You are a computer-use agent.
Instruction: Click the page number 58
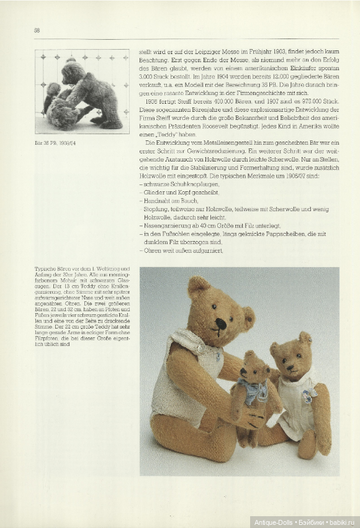tap(37, 30)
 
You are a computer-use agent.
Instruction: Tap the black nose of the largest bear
tap(220, 323)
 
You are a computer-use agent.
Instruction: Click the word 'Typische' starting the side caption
tap(45, 269)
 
